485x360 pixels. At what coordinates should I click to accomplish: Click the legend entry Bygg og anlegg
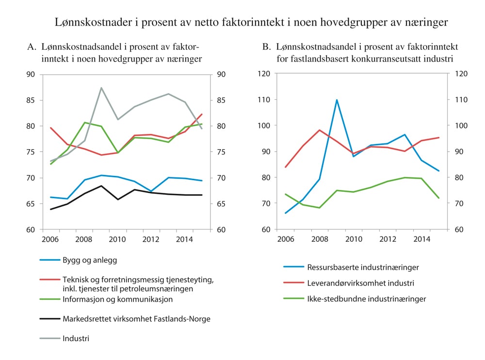(x=90, y=260)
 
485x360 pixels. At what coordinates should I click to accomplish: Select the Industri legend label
(x=76, y=338)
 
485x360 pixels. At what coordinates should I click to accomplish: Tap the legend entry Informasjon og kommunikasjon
(x=118, y=299)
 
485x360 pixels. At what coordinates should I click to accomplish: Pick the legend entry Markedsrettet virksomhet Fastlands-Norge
(x=137, y=318)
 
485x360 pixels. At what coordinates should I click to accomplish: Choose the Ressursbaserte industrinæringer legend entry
(x=363, y=267)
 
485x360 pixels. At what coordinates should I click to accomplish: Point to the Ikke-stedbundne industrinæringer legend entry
(x=367, y=299)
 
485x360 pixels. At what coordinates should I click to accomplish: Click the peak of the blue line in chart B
(x=337, y=100)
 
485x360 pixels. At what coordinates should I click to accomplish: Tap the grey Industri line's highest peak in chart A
(x=101, y=88)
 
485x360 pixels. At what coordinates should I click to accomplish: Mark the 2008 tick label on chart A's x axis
(x=84, y=239)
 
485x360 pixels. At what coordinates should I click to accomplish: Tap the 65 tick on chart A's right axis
(x=221, y=203)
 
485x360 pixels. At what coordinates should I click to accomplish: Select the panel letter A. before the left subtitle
(x=32, y=47)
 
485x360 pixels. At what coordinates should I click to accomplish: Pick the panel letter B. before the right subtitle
(x=266, y=47)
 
